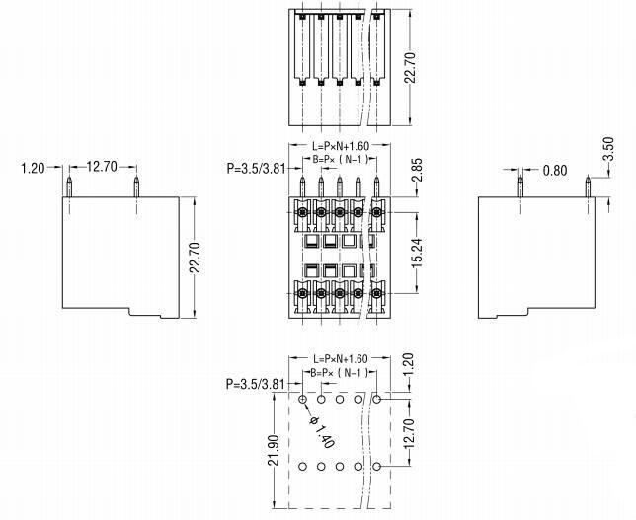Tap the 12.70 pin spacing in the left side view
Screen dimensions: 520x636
coord(102,167)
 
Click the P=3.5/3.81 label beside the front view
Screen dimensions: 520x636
coord(255,169)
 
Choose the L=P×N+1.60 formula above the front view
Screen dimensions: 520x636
coord(339,146)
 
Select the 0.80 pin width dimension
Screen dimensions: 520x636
coord(556,170)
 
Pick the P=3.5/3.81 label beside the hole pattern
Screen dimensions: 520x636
coord(255,384)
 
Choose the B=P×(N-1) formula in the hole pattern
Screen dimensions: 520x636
coord(340,372)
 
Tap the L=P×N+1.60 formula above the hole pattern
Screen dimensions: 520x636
coord(339,358)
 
